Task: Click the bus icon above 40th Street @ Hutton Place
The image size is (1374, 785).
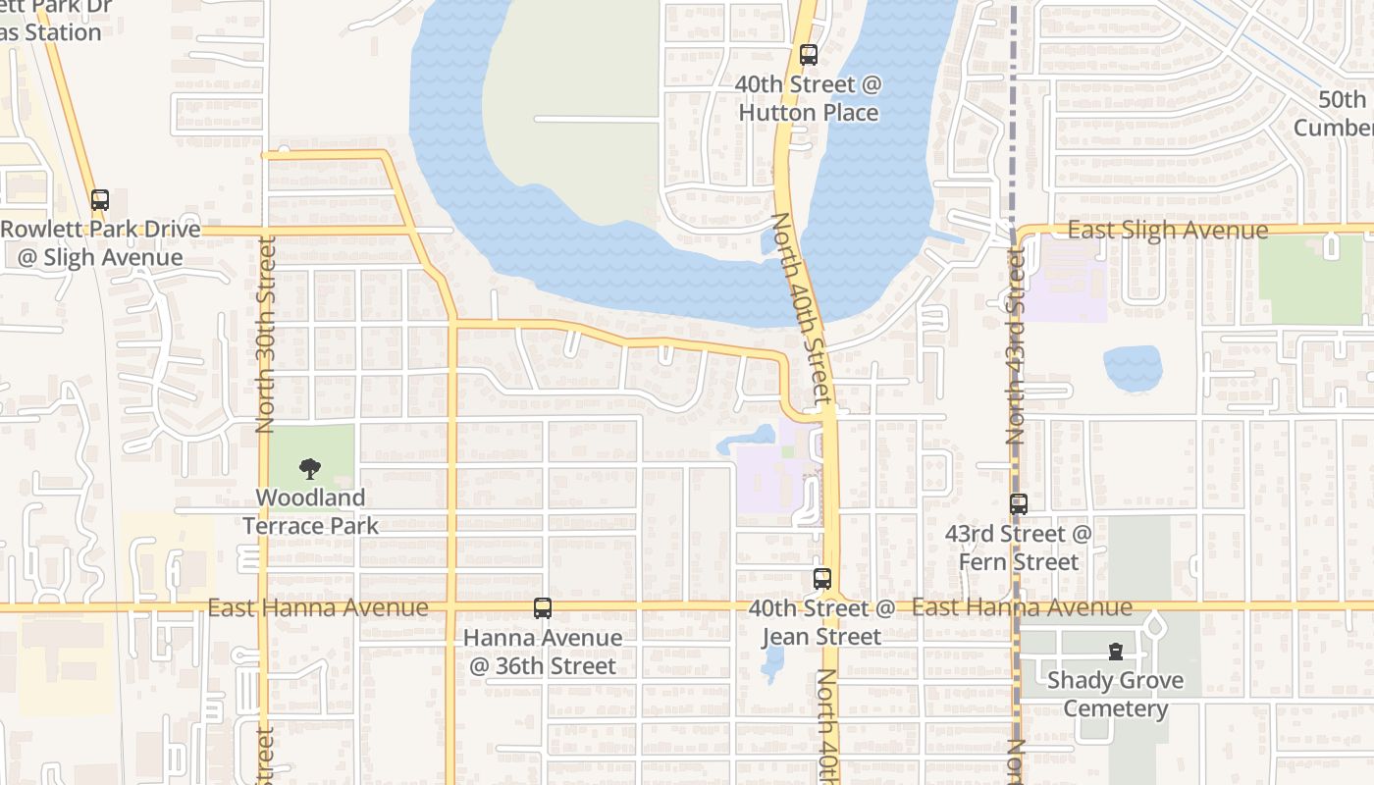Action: [x=808, y=55]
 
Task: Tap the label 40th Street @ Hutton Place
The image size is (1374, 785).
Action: [x=808, y=99]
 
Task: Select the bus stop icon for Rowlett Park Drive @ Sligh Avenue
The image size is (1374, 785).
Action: [x=100, y=200]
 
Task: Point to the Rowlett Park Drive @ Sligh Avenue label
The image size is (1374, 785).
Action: [x=100, y=243]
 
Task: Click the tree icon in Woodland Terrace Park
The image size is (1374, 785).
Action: [x=310, y=468]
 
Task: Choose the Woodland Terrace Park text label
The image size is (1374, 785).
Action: [x=310, y=511]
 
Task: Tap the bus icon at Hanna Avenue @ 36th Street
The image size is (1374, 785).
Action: [x=543, y=608]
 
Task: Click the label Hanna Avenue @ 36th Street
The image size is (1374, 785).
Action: [x=543, y=652]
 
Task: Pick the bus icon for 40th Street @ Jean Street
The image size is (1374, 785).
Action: [x=822, y=579]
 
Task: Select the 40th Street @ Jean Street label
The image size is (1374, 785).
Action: [x=822, y=622]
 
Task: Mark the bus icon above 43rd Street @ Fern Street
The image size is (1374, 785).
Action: [x=1019, y=504]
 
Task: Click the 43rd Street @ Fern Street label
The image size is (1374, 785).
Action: [x=1019, y=548]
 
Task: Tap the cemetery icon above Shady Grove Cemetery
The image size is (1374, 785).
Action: [x=1115, y=651]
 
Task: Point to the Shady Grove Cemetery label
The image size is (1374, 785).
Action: [x=1115, y=695]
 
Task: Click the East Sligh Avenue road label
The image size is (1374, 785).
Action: [x=1167, y=230]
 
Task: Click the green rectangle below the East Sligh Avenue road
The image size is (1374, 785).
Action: [x=1310, y=279]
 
